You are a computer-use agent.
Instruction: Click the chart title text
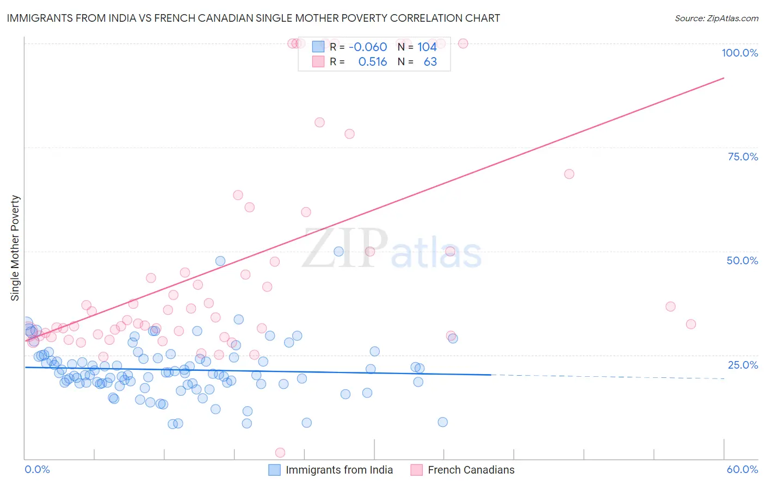click(x=254, y=18)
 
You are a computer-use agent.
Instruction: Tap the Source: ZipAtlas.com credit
click(x=716, y=18)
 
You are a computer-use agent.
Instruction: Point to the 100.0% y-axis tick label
click(x=739, y=53)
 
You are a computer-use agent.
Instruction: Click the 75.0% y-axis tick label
click(x=743, y=157)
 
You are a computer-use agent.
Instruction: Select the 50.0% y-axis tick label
click(x=742, y=260)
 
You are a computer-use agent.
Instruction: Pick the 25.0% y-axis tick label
click(x=743, y=364)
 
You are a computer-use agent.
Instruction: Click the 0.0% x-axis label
click(x=37, y=469)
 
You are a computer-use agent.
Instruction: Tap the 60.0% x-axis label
click(x=742, y=469)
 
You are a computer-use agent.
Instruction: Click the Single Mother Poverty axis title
click(x=15, y=248)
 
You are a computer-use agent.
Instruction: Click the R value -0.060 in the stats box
click(x=368, y=47)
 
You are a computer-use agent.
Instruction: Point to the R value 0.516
click(x=372, y=62)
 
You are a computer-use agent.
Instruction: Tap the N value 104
click(x=427, y=47)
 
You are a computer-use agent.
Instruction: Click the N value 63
click(x=430, y=62)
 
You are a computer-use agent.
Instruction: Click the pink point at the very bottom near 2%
click(x=280, y=452)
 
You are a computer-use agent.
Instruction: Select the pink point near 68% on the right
click(x=569, y=174)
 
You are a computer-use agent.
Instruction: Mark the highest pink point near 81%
click(x=319, y=122)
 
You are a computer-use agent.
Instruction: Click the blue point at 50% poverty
click(x=338, y=251)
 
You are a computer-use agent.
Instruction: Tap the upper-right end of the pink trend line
click(x=724, y=78)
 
